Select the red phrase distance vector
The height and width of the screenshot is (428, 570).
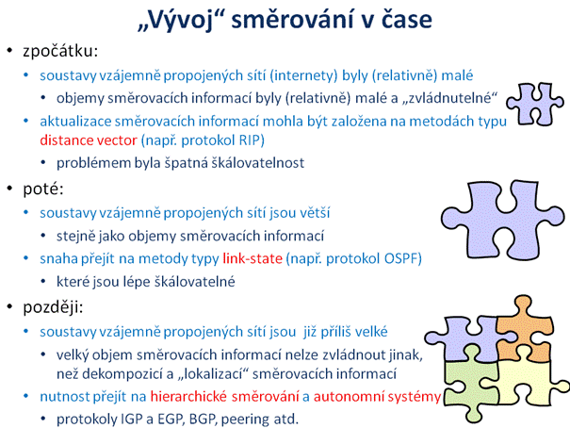click(x=89, y=140)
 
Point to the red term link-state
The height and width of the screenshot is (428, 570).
click(x=252, y=258)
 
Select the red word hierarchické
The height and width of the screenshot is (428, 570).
click(x=188, y=396)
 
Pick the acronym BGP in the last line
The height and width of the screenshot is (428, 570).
click(x=202, y=420)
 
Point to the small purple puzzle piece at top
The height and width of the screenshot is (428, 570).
click(x=535, y=105)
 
